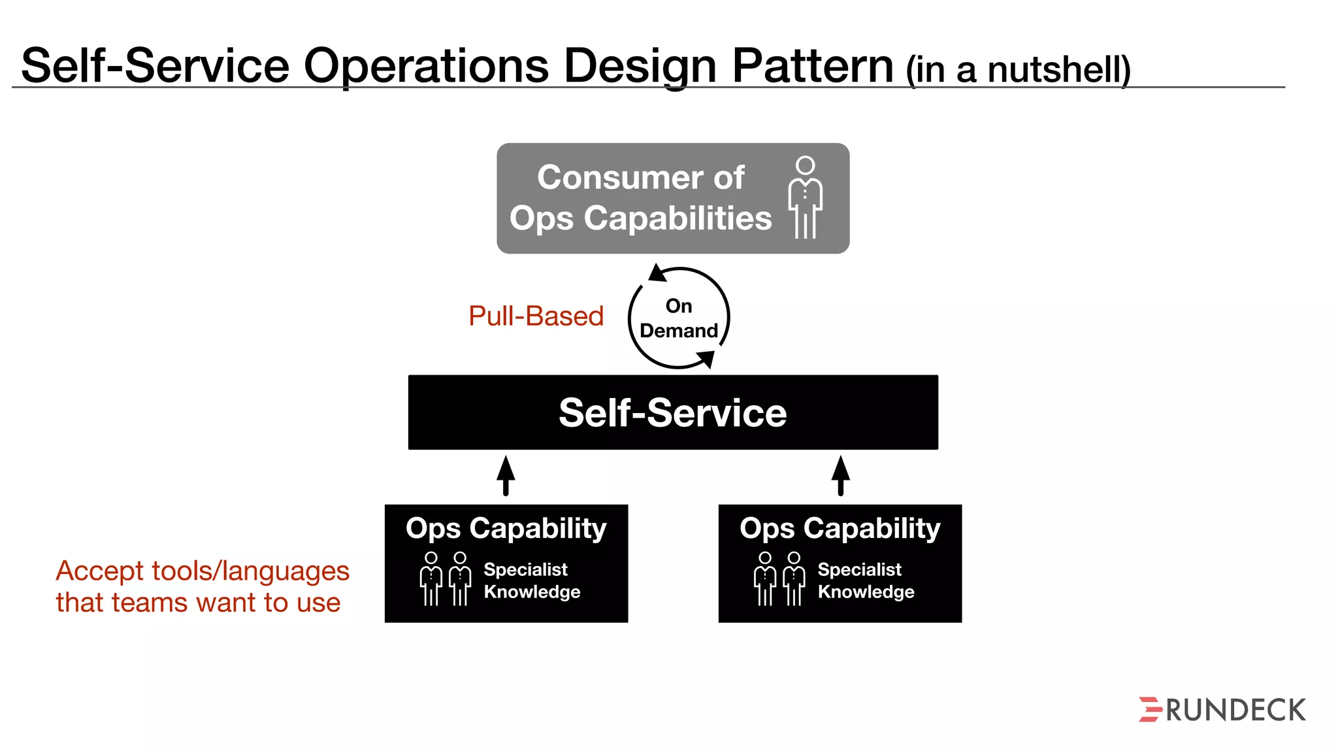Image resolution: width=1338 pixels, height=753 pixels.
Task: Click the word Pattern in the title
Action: coord(812,66)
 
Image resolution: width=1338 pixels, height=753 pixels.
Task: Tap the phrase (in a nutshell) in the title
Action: coord(1017,70)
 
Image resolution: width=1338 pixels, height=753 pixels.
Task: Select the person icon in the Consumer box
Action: coord(805,197)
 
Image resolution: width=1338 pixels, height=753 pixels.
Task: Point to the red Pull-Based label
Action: coord(536,316)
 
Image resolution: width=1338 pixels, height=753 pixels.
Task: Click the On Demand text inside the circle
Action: coord(678,318)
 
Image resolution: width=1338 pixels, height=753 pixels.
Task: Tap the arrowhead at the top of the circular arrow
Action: coord(657,273)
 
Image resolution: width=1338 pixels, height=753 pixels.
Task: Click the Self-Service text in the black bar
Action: coord(672,413)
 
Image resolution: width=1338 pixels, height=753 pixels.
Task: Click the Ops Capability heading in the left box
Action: coord(506,528)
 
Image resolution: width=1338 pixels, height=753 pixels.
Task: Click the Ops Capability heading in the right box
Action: coord(840,528)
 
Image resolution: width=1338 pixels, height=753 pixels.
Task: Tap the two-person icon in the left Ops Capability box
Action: coord(445,579)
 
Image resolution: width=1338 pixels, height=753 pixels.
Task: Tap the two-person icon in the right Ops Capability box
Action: coord(779,579)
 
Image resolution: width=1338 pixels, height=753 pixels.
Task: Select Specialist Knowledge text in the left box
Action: coord(531,580)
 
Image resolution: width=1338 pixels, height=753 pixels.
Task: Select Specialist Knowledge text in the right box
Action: coord(865,580)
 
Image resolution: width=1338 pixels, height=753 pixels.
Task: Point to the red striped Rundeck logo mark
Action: coord(1150,709)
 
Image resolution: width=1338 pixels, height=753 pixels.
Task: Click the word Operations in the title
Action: coord(426,66)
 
